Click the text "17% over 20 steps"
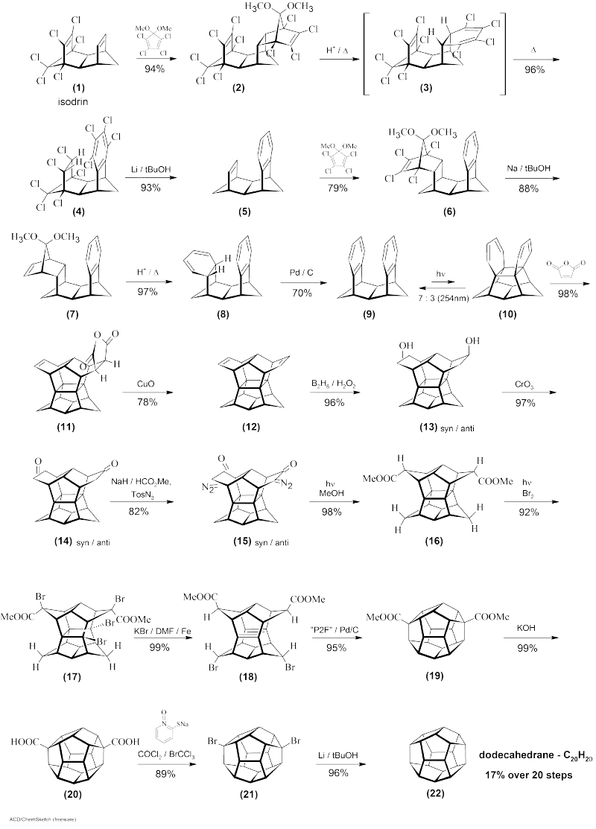point(527,775)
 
